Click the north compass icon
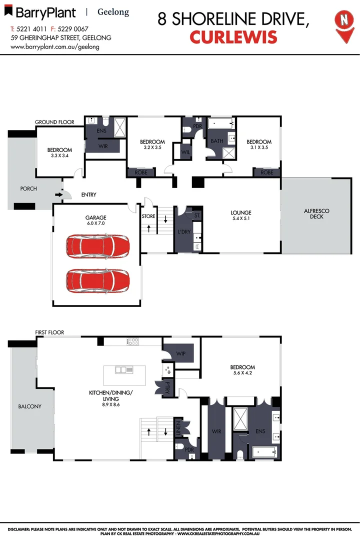pyautogui.click(x=343, y=23)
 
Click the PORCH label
pyautogui.click(x=28, y=188)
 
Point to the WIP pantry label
pyautogui.click(x=181, y=353)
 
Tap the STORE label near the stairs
pyautogui.click(x=148, y=216)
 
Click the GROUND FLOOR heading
pyautogui.click(x=54, y=122)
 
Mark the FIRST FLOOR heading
pyautogui.click(x=49, y=332)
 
